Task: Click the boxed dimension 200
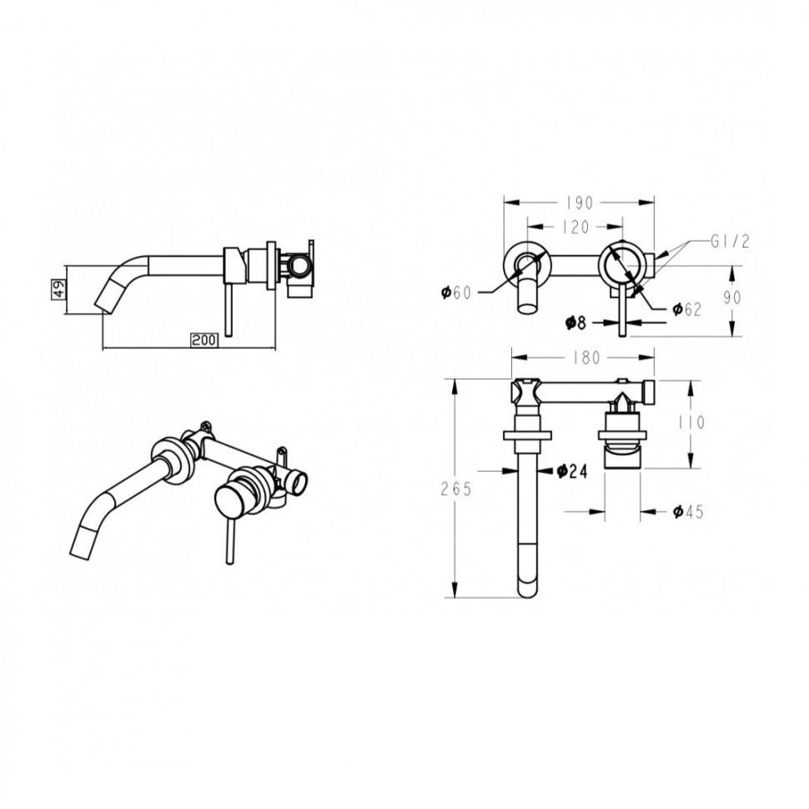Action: [x=205, y=340]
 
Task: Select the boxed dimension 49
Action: [x=60, y=289]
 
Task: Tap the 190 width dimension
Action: [x=580, y=204]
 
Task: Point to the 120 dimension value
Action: [x=575, y=227]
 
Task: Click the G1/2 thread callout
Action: [x=730, y=242]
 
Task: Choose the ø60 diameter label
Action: [x=456, y=293]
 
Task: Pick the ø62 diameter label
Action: [x=686, y=309]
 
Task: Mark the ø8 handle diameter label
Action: [x=575, y=323]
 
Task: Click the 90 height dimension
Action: [x=732, y=298]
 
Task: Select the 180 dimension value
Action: [x=586, y=358]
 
